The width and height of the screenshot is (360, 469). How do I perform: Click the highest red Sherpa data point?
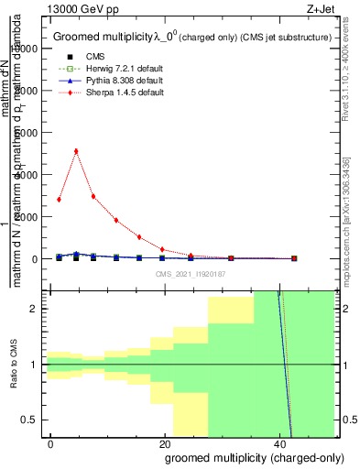click(x=76, y=151)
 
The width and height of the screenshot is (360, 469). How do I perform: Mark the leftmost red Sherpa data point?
click(x=59, y=199)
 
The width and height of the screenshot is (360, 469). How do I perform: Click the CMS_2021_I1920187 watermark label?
click(x=191, y=272)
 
